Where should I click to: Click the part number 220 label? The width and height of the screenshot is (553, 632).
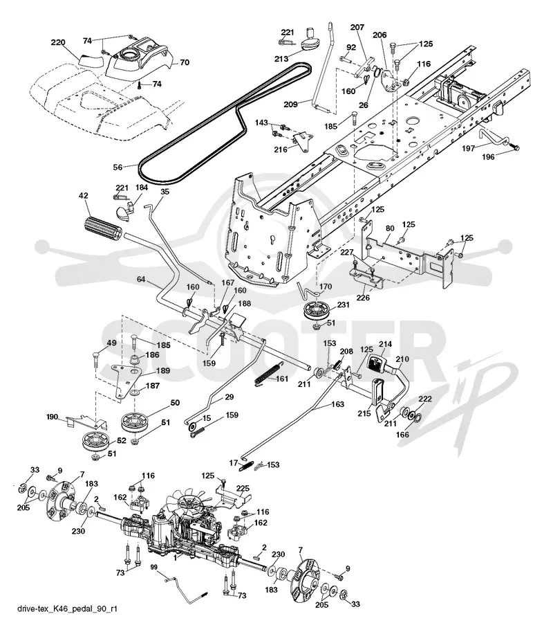(58, 42)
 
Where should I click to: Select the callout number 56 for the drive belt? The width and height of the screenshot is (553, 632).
(118, 167)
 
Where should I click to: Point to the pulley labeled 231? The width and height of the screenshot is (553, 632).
(319, 310)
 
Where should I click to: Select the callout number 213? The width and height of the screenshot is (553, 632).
(281, 59)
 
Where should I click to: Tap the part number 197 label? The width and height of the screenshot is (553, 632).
(468, 149)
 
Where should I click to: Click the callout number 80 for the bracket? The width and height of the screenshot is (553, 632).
(390, 228)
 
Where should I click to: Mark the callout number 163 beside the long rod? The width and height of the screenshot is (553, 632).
(337, 404)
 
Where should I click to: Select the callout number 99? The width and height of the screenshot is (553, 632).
(154, 567)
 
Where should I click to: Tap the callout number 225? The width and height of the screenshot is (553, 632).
(243, 489)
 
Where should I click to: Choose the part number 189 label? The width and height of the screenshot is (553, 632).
(162, 371)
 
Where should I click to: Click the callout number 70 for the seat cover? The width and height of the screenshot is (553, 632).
(185, 62)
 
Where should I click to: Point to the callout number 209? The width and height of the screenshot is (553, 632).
(290, 105)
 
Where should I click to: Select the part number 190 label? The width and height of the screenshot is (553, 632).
(53, 417)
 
